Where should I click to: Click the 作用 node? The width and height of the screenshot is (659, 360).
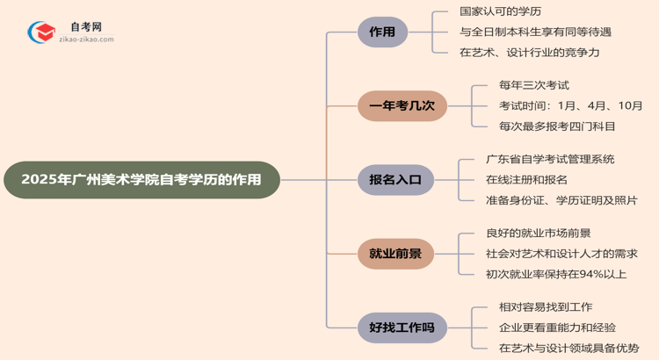click(x=382, y=32)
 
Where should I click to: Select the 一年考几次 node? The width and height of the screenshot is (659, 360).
click(x=402, y=106)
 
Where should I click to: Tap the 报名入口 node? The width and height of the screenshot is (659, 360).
click(x=389, y=180)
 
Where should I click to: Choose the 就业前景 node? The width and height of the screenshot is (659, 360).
click(x=389, y=255)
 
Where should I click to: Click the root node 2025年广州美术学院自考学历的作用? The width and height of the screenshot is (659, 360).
click(x=141, y=180)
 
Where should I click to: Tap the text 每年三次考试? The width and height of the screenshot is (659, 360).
click(x=534, y=85)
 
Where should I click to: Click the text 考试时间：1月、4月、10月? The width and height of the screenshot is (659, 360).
click(x=570, y=105)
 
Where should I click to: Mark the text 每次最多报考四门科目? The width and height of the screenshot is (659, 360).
click(x=557, y=126)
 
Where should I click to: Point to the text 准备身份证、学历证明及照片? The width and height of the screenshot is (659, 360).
click(x=561, y=200)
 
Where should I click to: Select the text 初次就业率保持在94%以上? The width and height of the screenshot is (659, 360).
click(x=556, y=274)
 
